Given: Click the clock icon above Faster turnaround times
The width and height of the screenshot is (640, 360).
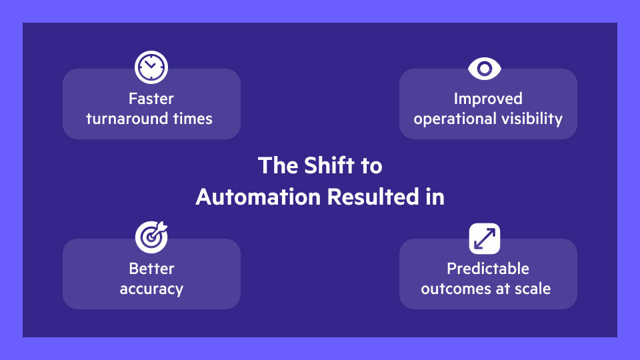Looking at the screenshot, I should [x=151, y=67].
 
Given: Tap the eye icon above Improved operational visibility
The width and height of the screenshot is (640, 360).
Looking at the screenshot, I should [x=485, y=68].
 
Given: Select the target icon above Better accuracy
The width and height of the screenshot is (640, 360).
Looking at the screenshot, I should [x=151, y=236].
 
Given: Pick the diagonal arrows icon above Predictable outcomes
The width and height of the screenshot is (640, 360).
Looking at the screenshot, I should [x=485, y=238].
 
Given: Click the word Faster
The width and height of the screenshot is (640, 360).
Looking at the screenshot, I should [x=151, y=99].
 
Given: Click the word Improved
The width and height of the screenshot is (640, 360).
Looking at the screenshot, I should [x=488, y=99].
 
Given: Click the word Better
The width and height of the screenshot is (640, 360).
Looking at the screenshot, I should [x=151, y=269].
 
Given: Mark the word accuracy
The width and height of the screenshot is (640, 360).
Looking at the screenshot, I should [x=151, y=289].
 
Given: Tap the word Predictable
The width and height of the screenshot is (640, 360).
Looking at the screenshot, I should [x=488, y=269].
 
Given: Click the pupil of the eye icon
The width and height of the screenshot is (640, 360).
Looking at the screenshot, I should [x=485, y=68].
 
